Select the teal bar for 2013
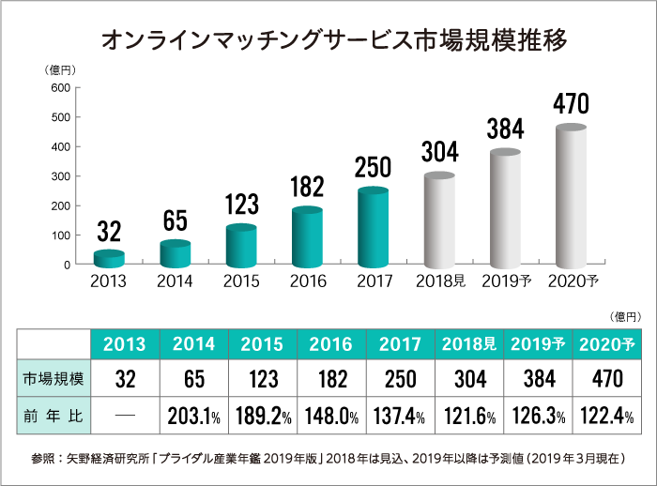[109, 258]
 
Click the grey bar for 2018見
[439, 221]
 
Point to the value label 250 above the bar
[373, 166]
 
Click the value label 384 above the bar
[505, 129]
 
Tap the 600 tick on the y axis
[60, 88]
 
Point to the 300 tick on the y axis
[60, 176]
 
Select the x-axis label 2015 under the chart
[241, 280]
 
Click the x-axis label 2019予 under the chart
[506, 280]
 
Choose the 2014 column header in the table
[194, 344]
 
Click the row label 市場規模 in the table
[54, 379]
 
